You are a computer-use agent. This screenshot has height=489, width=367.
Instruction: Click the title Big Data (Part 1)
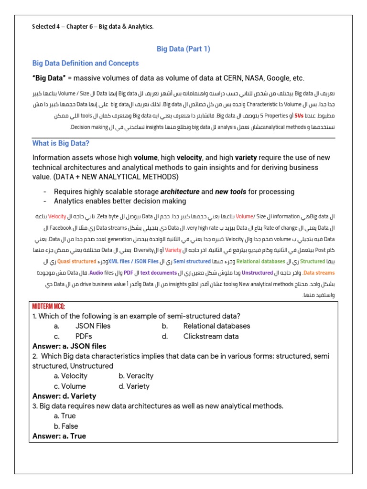pos(183,49)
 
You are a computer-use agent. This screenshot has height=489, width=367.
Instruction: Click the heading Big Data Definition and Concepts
pos(85,63)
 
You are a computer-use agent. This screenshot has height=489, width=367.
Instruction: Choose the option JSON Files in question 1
pos(93,326)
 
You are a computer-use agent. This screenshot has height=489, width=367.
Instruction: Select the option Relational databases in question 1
pos(216,326)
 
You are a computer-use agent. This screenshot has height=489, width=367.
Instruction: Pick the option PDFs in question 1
pos(84,336)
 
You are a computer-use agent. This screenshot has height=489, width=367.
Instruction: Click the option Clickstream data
pos(211,336)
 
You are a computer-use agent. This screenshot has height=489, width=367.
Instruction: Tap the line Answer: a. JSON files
pos(69,346)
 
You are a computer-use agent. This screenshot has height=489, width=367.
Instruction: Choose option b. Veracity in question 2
pos(136,376)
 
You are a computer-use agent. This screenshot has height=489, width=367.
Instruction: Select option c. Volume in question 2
pos(70,386)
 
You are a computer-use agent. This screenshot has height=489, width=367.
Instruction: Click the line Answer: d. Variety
pos(64,396)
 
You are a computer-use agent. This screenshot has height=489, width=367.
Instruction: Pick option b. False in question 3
pos(66,426)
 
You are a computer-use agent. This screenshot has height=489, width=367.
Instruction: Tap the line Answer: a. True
pos(59,436)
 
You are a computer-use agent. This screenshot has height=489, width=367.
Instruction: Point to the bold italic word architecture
pos(180,191)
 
